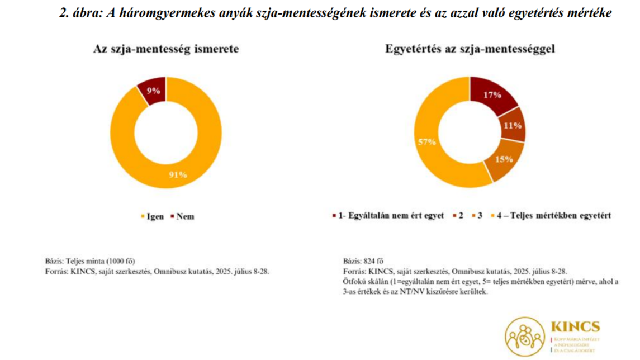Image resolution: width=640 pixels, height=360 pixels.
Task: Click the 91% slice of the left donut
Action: pyautogui.click(x=178, y=174)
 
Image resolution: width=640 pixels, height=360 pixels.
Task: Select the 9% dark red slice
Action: pyautogui.click(x=151, y=91)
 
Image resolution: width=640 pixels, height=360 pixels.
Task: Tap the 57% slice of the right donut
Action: pyautogui.click(x=428, y=142)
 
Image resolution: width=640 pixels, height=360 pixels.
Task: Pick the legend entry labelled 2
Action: pyautogui.click(x=460, y=216)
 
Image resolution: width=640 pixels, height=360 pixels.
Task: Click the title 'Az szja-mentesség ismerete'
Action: pyautogui.click(x=165, y=49)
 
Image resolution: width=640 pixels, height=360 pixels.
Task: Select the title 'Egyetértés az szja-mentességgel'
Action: pyautogui.click(x=470, y=49)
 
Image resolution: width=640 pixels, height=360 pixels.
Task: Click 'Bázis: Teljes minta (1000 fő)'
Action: pyautogui.click(x=90, y=260)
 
